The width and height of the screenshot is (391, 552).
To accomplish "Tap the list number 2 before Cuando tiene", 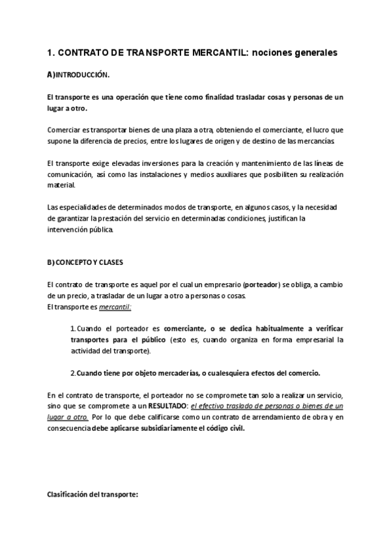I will (x=72, y=373).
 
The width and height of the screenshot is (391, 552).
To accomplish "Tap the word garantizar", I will (x=76, y=219).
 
